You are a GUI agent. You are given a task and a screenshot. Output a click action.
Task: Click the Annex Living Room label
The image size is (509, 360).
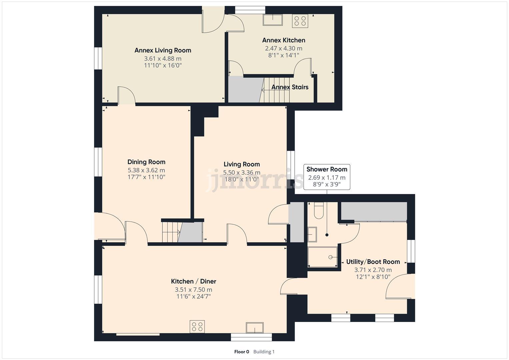pyautogui.click(x=163, y=50)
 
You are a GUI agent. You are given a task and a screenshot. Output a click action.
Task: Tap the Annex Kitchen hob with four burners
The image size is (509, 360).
pyautogui.click(x=300, y=21)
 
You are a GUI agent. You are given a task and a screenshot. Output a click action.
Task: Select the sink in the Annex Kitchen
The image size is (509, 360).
pyautogui.click(x=273, y=20)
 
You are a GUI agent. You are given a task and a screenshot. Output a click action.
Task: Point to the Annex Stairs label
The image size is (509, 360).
pyautogui.click(x=290, y=87)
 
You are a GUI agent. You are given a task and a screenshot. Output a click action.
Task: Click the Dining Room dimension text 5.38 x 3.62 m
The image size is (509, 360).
pyautogui.click(x=146, y=170)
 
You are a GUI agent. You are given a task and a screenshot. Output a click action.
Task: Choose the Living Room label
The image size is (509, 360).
pyautogui.click(x=242, y=164)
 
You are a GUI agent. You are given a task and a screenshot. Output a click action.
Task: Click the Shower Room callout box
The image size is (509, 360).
pyautogui.click(x=327, y=177)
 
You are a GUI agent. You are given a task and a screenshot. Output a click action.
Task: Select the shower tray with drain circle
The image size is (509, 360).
pyautogui.click(x=322, y=257)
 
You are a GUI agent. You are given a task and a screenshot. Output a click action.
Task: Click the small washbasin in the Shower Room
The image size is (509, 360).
pyautogui.click(x=312, y=234)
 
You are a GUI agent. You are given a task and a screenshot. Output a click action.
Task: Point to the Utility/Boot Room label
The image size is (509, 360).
pyautogui.click(x=373, y=262)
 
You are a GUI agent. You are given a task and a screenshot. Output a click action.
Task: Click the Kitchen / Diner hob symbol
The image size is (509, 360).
pyautogui.click(x=197, y=327)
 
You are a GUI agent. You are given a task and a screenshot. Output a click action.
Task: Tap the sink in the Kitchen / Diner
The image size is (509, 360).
pyautogui.click(x=255, y=328)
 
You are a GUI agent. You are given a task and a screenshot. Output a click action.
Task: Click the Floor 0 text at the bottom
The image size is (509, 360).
pyautogui.click(x=242, y=352)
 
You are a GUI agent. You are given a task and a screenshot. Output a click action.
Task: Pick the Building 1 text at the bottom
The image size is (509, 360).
pyautogui.click(x=264, y=352)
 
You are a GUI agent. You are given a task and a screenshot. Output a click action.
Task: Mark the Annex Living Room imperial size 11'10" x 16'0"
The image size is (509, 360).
pyautogui.click(x=163, y=65)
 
